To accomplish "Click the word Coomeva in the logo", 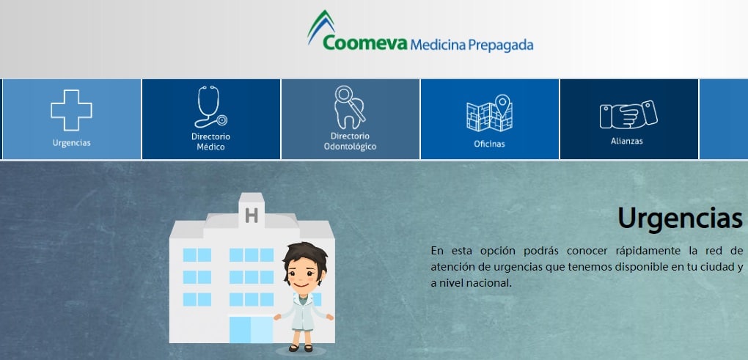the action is [x=365, y=43].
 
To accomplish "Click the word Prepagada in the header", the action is [x=500, y=45].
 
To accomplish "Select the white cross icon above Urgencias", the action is [x=72, y=110].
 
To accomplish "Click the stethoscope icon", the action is [x=210, y=106].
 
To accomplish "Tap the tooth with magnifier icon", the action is [x=350, y=107].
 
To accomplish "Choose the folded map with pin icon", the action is [x=489, y=113].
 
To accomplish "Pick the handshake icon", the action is [x=628, y=114].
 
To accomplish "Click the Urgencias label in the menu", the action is [x=72, y=143].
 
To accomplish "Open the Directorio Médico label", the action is [x=211, y=142].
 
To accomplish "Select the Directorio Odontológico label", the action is [x=350, y=142].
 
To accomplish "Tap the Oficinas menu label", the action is [x=489, y=144].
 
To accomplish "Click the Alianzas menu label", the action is [x=627, y=141].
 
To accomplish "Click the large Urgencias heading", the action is [x=681, y=218].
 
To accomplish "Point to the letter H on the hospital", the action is [x=252, y=216].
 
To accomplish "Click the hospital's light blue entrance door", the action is [x=251, y=329].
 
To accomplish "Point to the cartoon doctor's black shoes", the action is [x=301, y=348].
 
